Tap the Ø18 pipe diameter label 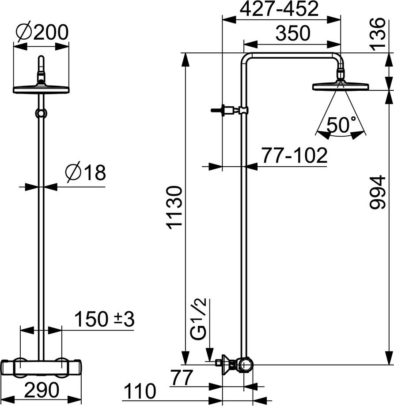[x=86, y=172]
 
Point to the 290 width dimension [x=42, y=390]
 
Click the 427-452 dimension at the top [x=279, y=9]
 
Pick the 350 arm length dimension [x=293, y=33]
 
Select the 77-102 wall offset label [x=295, y=155]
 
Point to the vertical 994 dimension [x=377, y=192]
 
